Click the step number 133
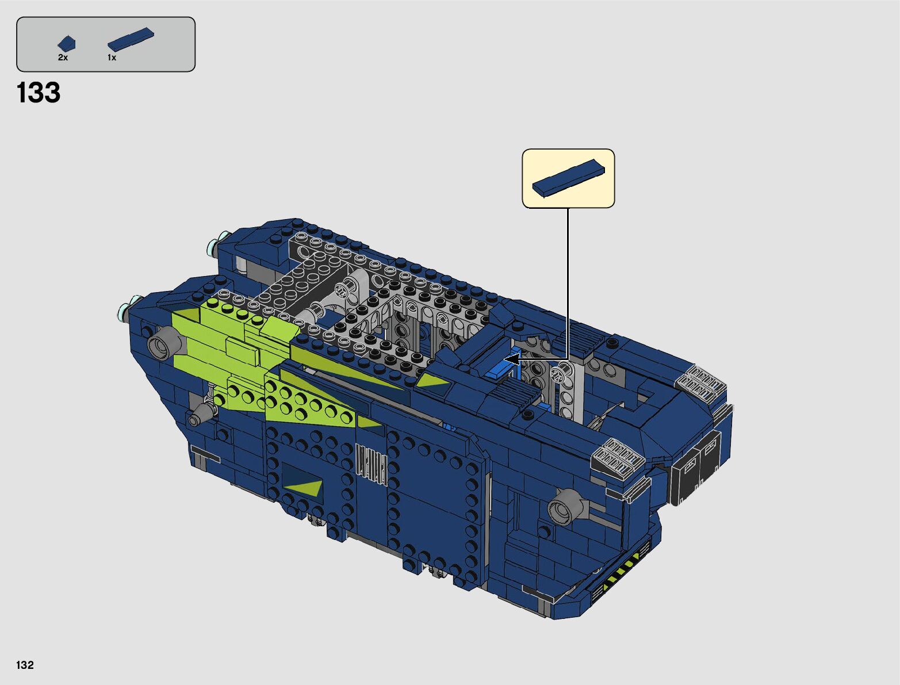point(39,93)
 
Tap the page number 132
point(25,664)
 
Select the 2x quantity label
point(63,58)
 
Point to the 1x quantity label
point(112,58)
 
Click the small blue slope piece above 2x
point(67,44)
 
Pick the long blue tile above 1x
point(131,40)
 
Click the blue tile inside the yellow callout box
point(568,178)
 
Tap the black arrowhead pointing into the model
point(511,360)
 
